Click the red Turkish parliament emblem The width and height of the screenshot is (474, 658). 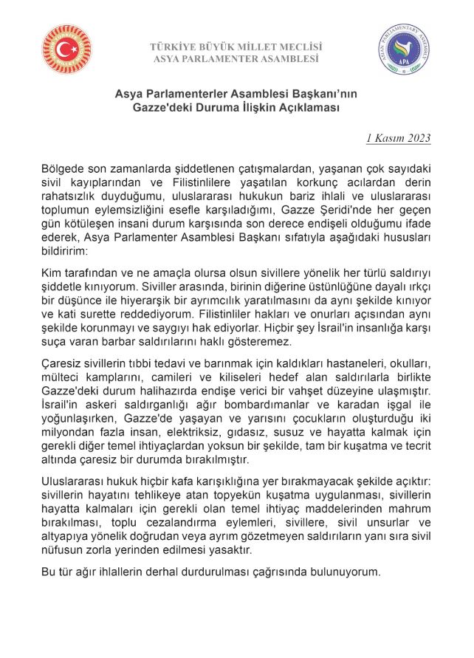[x=67, y=50]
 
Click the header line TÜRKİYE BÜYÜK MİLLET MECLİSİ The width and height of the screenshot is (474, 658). [x=236, y=47]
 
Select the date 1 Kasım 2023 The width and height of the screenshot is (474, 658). [x=399, y=138]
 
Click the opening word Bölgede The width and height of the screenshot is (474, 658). [x=63, y=168]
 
